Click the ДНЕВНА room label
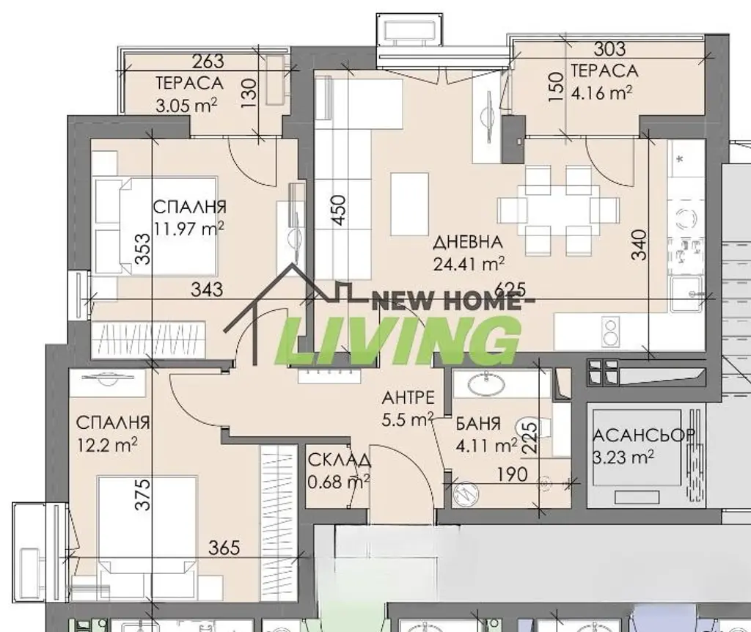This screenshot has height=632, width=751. point(468,242)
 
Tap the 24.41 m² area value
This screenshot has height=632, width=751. point(469,263)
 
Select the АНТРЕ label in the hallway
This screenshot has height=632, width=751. point(408,397)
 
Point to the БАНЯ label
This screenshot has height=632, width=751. point(477,424)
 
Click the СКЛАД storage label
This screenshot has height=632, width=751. point(339,460)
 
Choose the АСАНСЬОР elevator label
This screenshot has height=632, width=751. point(644,435)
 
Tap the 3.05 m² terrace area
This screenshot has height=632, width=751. point(187,105)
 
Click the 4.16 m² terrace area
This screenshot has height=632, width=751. point(601,92)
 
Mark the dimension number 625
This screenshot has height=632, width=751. point(510,289)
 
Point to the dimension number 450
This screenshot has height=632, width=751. point(338,210)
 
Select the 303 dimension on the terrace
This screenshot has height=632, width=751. point(609,49)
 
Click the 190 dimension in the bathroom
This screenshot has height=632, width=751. point(512,474)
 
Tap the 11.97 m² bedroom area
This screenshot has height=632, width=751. point(188,228)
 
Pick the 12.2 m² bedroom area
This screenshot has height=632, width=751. point(107,445)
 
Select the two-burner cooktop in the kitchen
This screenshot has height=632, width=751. point(611,332)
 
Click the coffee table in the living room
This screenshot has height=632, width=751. point(409,205)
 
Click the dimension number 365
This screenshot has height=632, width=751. point(224,547)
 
